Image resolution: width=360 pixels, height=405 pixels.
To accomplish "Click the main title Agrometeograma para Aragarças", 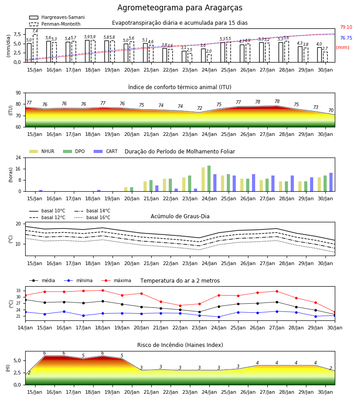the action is click(x=180, y=8).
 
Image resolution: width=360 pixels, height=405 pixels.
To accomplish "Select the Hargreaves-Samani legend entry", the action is click(x=57, y=17).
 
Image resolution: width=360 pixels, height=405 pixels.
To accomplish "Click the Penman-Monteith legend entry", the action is click(x=55, y=24).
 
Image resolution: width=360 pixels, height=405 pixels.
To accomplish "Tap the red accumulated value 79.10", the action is click(x=346, y=27).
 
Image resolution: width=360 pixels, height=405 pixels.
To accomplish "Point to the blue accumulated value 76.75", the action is click(x=346, y=38).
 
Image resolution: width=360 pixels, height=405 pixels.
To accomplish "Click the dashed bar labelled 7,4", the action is click(x=35, y=48).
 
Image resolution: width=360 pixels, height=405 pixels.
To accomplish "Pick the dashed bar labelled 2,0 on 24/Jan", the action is click(x=209, y=58).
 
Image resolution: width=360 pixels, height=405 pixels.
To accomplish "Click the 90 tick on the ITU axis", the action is click(x=18, y=93).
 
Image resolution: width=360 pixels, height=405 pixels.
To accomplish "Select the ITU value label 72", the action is click(x=200, y=108).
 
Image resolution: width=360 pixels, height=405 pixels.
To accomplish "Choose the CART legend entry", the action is click(x=105, y=151).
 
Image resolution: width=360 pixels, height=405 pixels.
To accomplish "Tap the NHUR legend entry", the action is click(x=42, y=151).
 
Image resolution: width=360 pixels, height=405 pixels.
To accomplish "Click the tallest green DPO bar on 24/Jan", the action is click(x=209, y=179).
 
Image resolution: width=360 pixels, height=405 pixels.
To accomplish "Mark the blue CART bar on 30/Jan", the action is click(x=331, y=182).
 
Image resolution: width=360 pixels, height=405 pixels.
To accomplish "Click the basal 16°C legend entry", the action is click(x=92, y=217).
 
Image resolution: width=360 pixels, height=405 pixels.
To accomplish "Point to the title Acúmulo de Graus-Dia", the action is click(x=180, y=216).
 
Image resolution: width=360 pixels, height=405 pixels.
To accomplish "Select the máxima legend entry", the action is click(x=116, y=280).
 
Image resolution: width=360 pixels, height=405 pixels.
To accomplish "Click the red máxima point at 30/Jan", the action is click(x=335, y=312).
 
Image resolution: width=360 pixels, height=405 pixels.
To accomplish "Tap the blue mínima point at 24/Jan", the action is click(x=219, y=317).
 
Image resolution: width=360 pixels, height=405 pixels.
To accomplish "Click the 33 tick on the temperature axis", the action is click(x=18, y=291).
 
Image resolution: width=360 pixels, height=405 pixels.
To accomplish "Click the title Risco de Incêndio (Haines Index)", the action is click(x=180, y=345).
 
